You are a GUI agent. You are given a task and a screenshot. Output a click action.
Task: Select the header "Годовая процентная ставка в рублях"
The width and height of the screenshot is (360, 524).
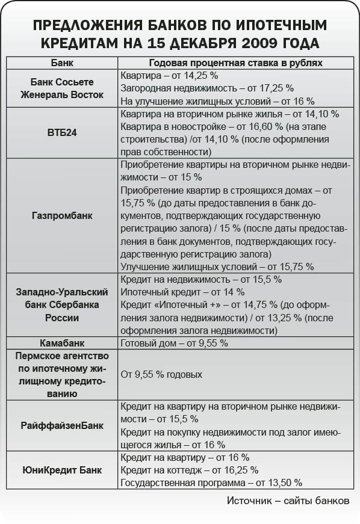(x=235, y=63)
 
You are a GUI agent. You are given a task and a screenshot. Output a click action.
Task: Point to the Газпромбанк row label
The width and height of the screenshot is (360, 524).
(x=63, y=215)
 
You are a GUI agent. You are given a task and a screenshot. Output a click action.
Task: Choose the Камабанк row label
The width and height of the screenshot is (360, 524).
(x=62, y=343)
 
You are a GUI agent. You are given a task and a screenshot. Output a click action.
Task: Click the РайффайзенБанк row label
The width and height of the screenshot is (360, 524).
(x=62, y=425)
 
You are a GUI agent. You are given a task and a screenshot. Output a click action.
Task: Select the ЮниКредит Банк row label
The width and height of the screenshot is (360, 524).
(x=62, y=469)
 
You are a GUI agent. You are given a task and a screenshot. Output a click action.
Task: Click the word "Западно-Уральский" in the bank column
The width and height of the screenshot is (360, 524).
(x=62, y=292)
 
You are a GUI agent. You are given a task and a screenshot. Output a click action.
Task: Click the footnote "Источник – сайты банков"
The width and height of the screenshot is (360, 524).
(x=287, y=501)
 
